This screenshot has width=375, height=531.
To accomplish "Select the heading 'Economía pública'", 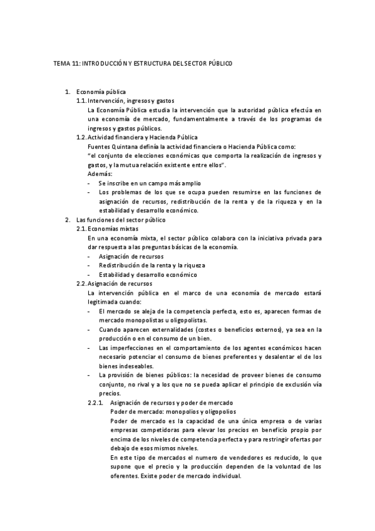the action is pyautogui.click(x=100, y=92).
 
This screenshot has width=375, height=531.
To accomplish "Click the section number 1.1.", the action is pyautogui.click(x=81, y=101).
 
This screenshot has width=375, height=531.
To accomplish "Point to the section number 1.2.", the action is pyautogui.click(x=81, y=137).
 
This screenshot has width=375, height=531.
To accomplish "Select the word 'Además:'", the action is pyautogui.click(x=100, y=173).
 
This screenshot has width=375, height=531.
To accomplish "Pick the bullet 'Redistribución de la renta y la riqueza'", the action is pyautogui.click(x=152, y=265).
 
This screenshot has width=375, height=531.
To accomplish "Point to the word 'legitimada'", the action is pyautogui.click(x=106, y=302).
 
